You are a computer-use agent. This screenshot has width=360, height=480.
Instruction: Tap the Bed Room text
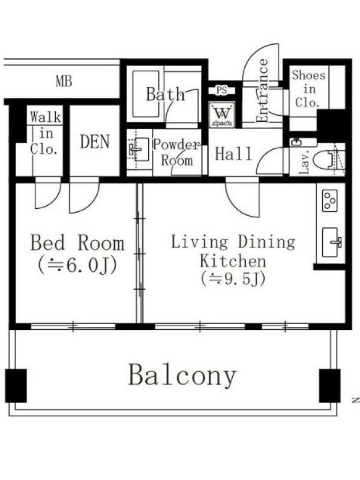77,243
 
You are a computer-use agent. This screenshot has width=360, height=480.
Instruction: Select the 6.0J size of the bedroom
77,266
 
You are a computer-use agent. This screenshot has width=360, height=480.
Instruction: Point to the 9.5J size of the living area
233,279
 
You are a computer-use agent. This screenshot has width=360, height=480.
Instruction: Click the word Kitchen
233,262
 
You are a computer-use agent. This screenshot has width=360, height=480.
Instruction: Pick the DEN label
95,142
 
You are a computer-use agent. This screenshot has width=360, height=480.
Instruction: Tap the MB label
64,82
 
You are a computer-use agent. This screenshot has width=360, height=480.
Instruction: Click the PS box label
221,91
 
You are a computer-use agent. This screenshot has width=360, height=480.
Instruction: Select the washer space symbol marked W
222,115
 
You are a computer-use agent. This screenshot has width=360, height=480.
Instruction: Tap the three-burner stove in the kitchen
330,200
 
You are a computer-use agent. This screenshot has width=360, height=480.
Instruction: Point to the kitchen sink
332,242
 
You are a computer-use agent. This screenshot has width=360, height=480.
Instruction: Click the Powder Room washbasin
139,149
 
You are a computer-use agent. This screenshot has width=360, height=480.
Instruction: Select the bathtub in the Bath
146,94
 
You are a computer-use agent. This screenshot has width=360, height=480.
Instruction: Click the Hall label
233,154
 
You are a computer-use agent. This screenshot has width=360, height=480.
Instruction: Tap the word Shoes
308,75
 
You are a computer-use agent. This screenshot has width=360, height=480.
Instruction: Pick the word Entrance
262,91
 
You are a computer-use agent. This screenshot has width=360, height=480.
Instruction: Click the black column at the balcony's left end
16,386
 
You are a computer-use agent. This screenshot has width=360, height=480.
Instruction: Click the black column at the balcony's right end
329,386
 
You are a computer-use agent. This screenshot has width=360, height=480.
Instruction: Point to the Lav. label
305,162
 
